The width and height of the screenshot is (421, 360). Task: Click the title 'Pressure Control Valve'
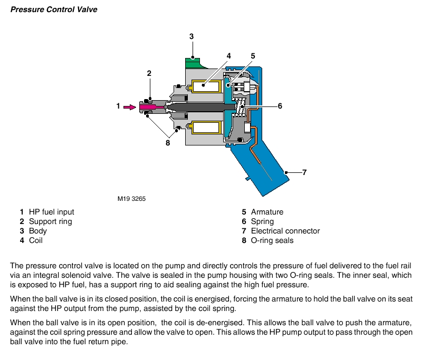coord(54,9)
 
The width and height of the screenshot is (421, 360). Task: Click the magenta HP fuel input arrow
coord(129,106)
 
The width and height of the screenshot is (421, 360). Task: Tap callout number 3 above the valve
coord(192,36)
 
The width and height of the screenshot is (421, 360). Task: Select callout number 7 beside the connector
coord(304,172)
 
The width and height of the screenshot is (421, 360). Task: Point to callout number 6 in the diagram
coord(280,106)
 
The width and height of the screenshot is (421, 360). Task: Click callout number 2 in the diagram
coord(149,73)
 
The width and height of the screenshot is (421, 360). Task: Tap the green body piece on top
coord(195,62)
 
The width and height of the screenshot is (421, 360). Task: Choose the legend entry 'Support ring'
coord(50,221)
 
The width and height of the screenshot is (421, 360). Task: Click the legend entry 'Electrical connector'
coord(285,231)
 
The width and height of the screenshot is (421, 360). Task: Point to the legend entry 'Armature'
coord(267,212)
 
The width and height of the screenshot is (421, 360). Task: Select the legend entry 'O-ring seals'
coord(272,240)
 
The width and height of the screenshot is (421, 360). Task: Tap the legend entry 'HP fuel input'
coord(51,212)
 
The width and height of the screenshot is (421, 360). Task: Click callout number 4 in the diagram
coord(229,55)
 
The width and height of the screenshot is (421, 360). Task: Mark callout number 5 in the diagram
coord(253,55)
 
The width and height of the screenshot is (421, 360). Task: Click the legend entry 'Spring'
coord(262,221)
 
